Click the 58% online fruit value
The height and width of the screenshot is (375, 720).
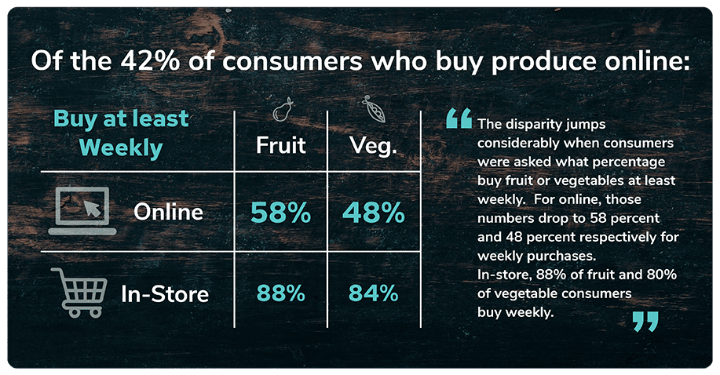[280, 213]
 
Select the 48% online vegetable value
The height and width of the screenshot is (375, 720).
[373, 213]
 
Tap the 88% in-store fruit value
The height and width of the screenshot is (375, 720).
[280, 293]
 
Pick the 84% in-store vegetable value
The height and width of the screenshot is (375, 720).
[373, 293]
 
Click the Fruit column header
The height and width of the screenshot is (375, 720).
[280, 145]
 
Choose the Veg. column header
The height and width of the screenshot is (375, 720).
[373, 146]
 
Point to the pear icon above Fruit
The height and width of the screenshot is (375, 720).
[283, 109]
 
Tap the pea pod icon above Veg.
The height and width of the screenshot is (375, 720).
[375, 109]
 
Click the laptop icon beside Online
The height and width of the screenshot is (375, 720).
[82, 211]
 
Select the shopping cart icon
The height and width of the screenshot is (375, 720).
[79, 293]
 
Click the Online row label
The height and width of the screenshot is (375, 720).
[168, 212]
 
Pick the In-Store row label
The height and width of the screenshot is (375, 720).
[165, 293]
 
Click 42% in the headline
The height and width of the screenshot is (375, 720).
[150, 61]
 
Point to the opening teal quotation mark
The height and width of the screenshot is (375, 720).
[459, 118]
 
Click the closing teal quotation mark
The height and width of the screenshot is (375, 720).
[645, 322]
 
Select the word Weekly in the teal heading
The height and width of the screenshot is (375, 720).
[121, 147]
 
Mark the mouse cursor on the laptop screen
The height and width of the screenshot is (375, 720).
[93, 207]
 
